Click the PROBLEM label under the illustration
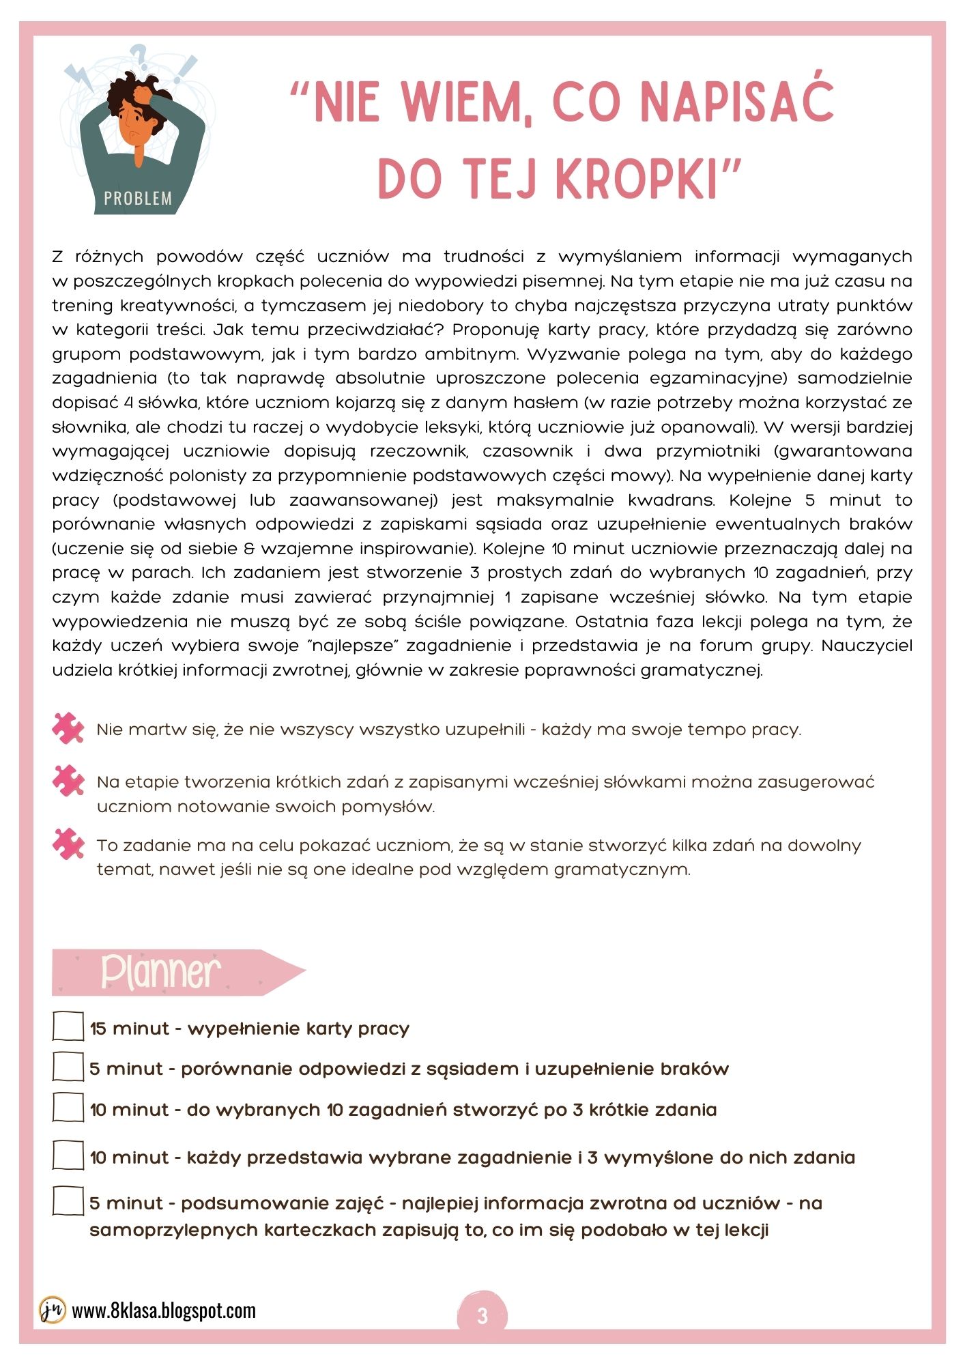point(138,199)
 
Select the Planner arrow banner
point(177,972)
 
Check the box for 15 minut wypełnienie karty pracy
point(68,1026)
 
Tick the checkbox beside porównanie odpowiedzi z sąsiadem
point(68,1067)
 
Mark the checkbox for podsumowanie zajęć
point(68,1201)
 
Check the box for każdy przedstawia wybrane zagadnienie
point(68,1155)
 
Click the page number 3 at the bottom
point(482,1315)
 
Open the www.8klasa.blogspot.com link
point(164,1311)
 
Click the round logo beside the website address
point(52,1310)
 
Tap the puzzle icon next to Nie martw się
point(68,728)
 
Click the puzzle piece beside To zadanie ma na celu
point(68,844)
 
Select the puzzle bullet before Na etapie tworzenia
point(68,781)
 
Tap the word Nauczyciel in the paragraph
point(866,646)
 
